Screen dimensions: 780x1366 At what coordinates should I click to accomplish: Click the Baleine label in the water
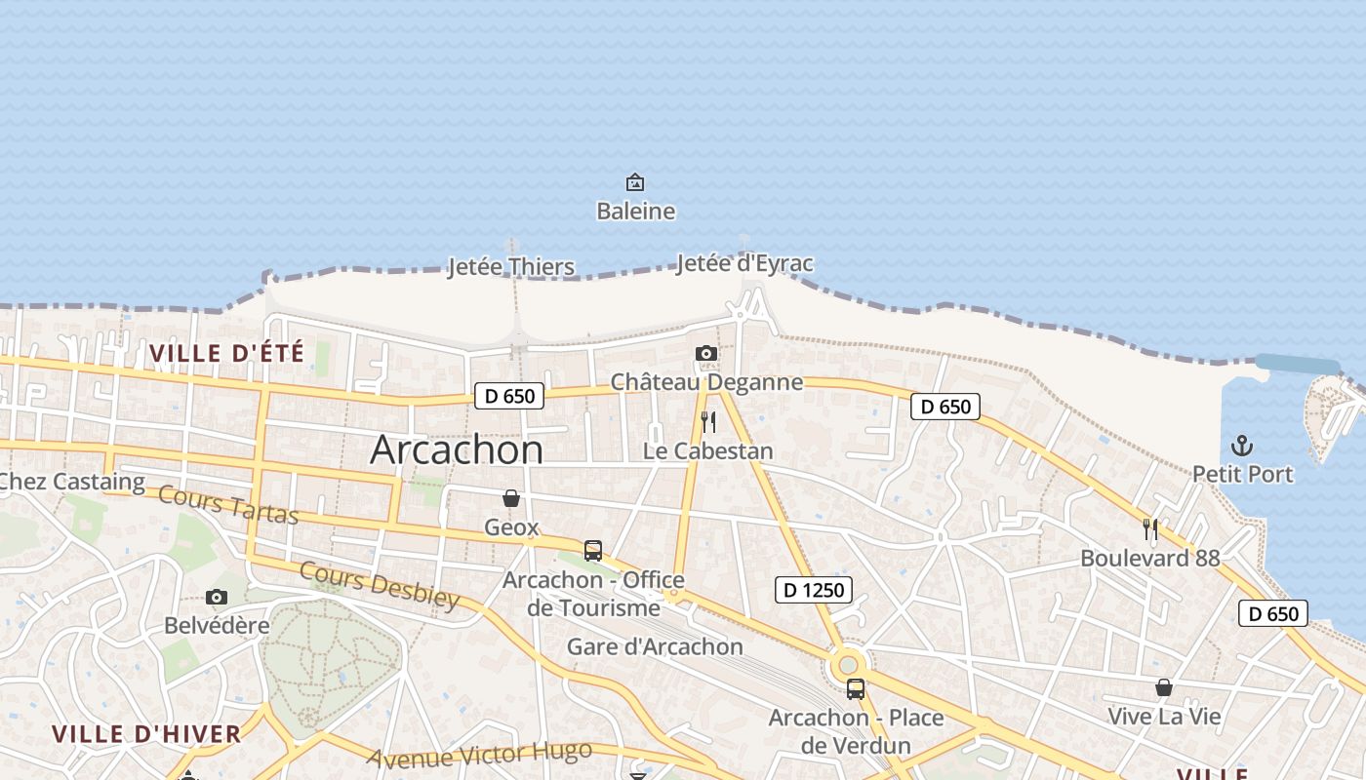click(x=635, y=211)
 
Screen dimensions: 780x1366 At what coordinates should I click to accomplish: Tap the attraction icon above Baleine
click(x=635, y=182)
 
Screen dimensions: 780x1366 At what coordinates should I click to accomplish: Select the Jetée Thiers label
click(x=510, y=266)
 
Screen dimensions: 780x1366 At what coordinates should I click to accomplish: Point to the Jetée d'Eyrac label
click(x=743, y=263)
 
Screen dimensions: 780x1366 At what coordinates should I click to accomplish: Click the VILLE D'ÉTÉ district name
click(x=226, y=352)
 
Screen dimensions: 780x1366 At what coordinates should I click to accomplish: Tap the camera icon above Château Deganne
click(x=706, y=353)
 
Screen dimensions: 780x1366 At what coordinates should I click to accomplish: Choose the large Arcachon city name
click(x=457, y=449)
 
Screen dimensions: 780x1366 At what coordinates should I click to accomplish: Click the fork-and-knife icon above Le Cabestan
click(x=708, y=422)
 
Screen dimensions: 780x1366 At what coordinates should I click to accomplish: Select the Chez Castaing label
click(x=72, y=481)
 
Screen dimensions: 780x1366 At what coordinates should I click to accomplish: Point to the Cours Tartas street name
click(x=228, y=504)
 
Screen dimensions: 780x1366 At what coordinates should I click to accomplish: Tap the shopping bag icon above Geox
click(x=511, y=499)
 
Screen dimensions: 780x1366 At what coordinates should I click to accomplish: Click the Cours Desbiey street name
click(x=379, y=585)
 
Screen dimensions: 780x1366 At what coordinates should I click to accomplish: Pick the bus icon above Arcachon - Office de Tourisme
click(x=593, y=551)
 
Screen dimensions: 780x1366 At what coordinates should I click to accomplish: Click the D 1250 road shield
click(x=814, y=589)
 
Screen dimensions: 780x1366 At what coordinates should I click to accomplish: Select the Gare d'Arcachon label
click(x=655, y=646)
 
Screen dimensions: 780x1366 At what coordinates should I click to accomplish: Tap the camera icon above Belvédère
click(x=217, y=597)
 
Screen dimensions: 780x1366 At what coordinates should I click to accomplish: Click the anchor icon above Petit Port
click(x=1242, y=447)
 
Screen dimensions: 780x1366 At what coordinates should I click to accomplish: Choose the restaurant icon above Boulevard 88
click(x=1150, y=529)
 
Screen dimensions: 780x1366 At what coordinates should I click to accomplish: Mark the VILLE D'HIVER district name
click(x=146, y=733)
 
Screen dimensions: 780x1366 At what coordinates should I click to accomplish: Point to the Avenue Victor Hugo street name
click(x=479, y=754)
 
